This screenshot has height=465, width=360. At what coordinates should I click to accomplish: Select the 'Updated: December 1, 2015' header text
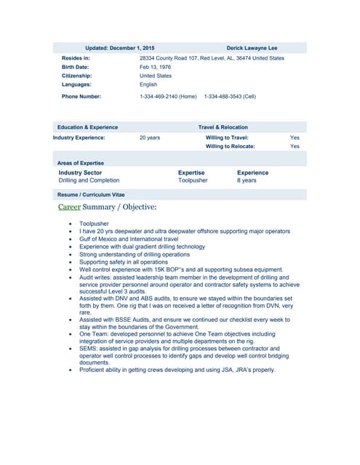coord(124,47)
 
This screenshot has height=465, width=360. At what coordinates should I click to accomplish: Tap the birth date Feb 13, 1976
coord(155,67)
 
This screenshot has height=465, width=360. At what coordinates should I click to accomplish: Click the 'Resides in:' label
coord(76,58)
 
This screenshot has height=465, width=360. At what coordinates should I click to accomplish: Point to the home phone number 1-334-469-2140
coord(168,96)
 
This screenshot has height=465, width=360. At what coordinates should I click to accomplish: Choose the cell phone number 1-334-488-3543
coord(230,96)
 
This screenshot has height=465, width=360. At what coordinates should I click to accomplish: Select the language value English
coord(148,84)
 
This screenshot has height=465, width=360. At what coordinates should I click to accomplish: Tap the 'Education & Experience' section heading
coord(87,127)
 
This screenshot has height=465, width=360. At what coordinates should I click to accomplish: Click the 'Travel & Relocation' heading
coord(223,127)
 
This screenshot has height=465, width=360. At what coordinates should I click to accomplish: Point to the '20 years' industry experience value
coord(149,137)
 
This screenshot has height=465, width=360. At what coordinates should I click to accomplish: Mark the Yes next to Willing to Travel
coord(295,137)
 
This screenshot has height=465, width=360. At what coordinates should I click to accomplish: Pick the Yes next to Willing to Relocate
coord(295,146)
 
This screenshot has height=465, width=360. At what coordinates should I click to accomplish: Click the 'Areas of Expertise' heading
coord(81,163)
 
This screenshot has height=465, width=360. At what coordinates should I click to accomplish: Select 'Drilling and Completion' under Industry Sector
coord(89,180)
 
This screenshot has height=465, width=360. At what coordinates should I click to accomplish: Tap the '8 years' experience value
coord(247,180)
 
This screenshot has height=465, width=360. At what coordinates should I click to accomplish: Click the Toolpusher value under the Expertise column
coord(193,180)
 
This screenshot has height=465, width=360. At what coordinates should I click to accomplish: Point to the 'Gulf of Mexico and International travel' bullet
coord(129,239)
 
